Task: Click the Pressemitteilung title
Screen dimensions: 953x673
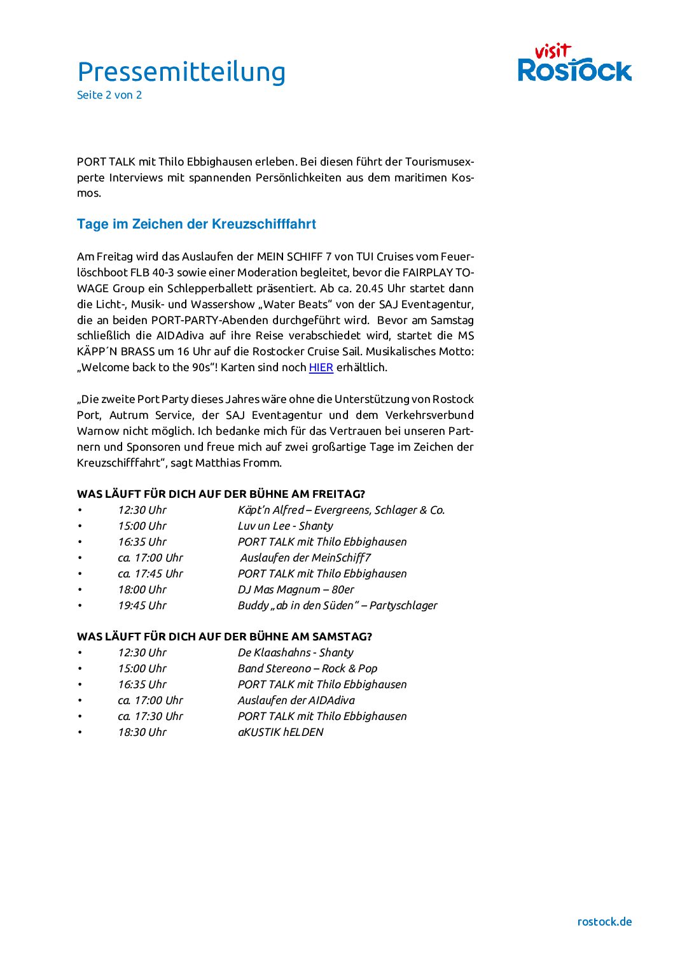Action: click(181, 72)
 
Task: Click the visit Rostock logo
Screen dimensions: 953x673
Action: click(574, 63)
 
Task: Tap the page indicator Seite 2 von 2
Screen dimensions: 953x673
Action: click(109, 95)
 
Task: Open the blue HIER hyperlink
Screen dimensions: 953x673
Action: click(321, 367)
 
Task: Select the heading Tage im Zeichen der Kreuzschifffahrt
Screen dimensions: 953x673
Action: click(197, 224)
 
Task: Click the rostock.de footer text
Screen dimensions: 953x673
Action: click(604, 921)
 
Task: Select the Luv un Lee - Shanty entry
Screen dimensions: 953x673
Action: click(285, 526)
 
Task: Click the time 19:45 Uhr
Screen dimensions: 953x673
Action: click(142, 605)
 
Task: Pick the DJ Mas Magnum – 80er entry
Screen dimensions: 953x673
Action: click(296, 589)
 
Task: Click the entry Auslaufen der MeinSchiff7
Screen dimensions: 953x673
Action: click(305, 558)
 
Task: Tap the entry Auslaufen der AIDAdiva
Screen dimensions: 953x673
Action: click(296, 700)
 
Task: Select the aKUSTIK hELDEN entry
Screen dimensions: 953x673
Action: click(281, 732)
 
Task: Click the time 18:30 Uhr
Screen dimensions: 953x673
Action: click(142, 732)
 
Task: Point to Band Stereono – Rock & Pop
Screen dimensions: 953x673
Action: click(307, 668)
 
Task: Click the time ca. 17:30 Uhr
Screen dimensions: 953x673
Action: click(150, 716)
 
